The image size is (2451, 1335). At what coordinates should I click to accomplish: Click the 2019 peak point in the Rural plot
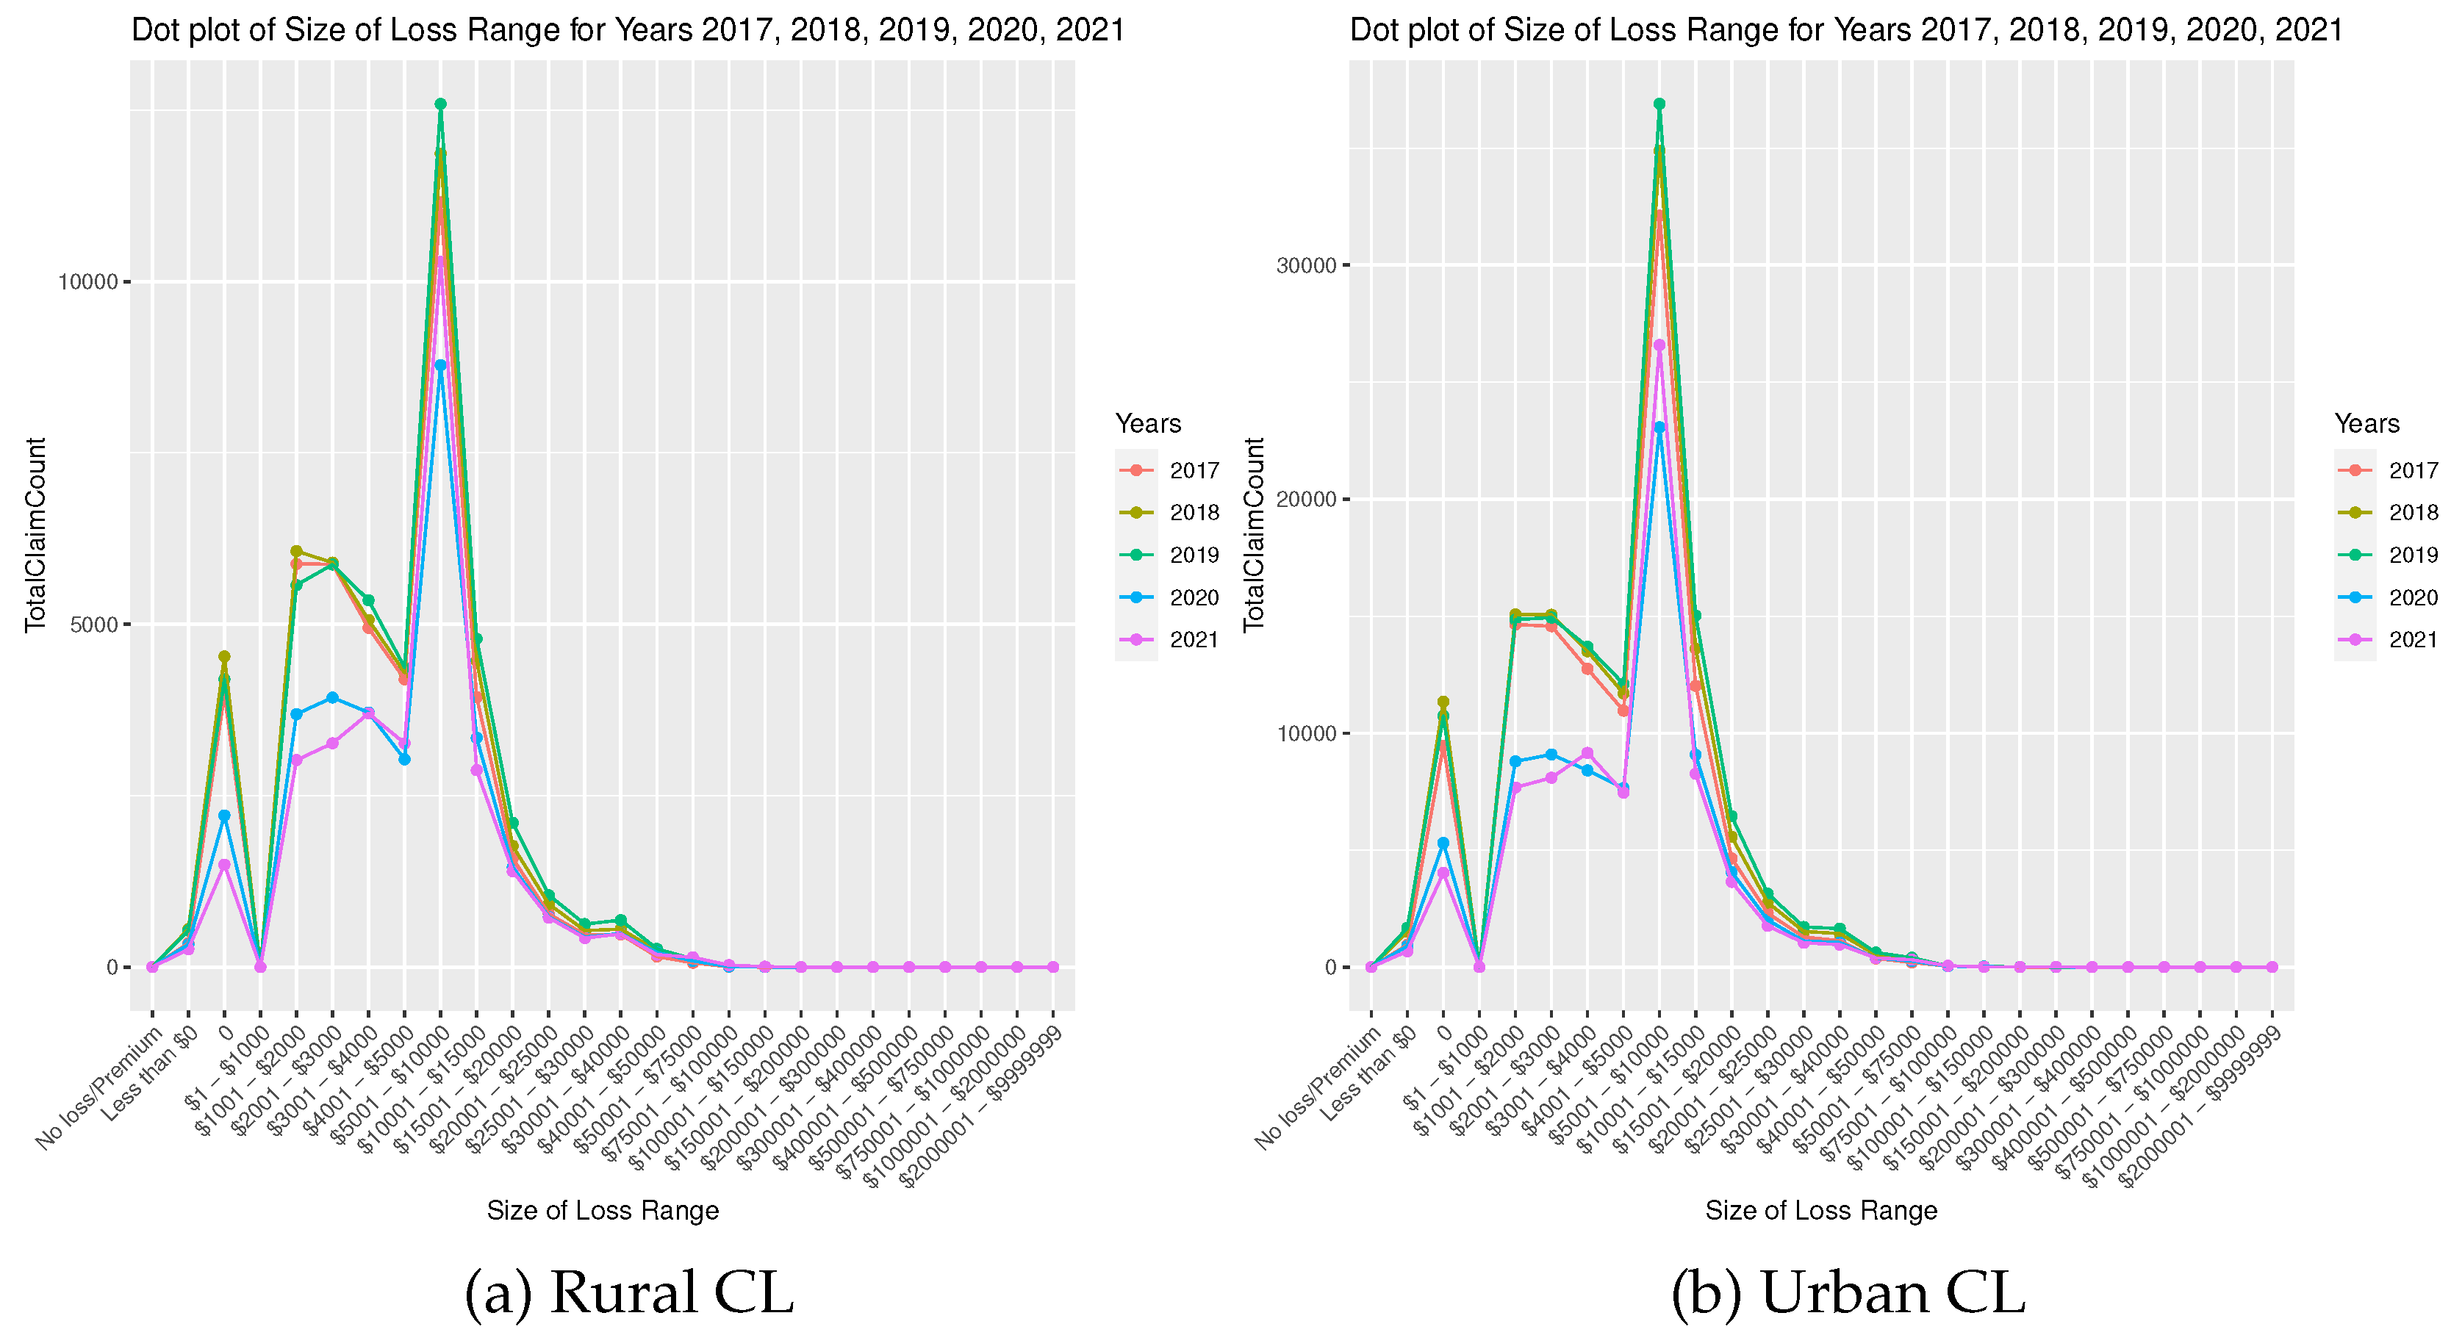coord(440,104)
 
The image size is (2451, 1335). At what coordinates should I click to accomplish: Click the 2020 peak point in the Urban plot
coord(1659,427)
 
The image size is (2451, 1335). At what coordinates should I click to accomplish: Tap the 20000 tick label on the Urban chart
coord(1307,500)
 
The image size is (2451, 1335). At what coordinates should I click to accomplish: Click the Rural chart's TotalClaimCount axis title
coord(35,534)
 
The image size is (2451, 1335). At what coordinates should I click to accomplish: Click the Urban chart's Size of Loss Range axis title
coord(1820,1210)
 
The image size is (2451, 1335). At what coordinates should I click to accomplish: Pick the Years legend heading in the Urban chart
coord(2366,423)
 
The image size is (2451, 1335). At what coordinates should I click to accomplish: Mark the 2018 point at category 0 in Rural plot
coord(225,657)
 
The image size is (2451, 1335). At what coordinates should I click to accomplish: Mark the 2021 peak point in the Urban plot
coord(1659,345)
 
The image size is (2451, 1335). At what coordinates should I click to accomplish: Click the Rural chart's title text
coord(628,30)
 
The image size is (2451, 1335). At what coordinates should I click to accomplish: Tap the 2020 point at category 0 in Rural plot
coord(225,816)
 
